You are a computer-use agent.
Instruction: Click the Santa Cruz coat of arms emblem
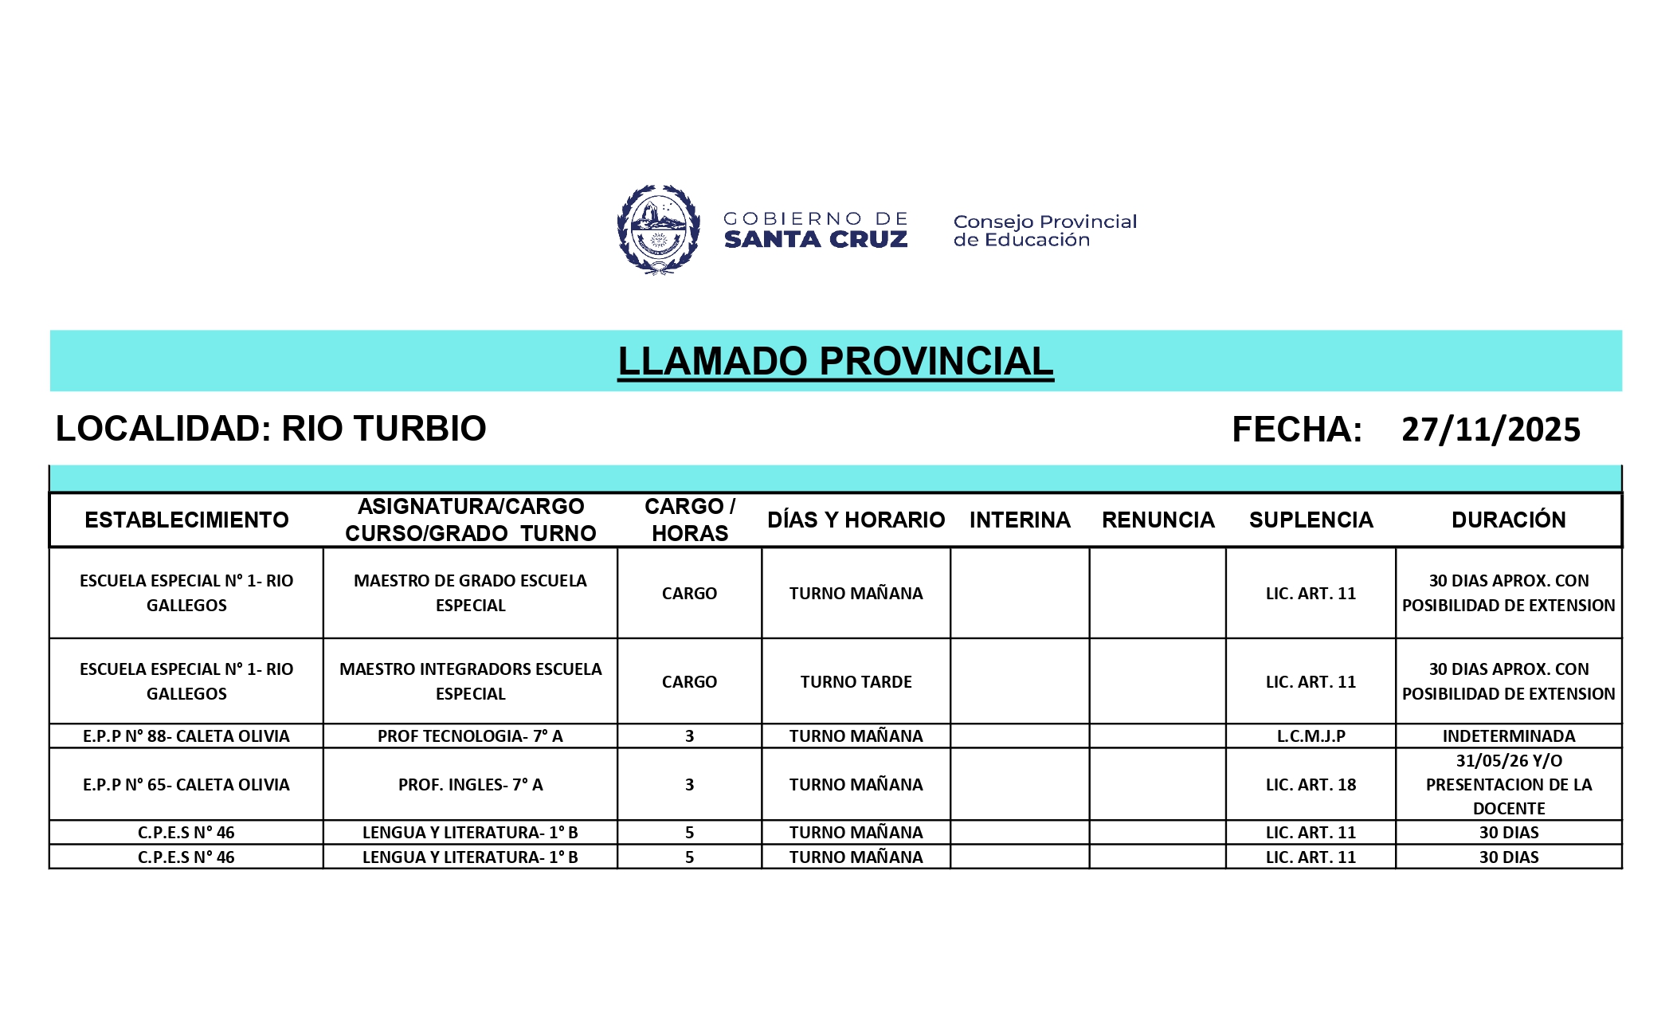(x=658, y=229)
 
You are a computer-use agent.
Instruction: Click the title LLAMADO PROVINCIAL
(x=835, y=361)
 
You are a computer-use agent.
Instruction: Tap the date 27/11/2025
(x=1491, y=430)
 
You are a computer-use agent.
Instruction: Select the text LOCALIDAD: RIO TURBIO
(x=271, y=429)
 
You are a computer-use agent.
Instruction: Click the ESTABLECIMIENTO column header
(x=186, y=520)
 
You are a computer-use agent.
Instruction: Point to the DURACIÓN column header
(x=1508, y=520)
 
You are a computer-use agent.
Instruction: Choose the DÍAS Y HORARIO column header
(x=856, y=520)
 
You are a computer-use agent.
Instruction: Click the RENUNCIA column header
(x=1158, y=520)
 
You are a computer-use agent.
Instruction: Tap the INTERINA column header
(x=1020, y=520)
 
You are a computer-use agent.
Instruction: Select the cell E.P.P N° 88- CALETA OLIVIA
(x=186, y=736)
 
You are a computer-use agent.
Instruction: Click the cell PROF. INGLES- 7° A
(x=470, y=784)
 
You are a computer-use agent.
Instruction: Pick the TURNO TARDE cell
(x=856, y=681)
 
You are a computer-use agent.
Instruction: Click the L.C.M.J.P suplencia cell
(x=1311, y=736)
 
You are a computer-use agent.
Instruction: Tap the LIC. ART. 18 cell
(x=1311, y=784)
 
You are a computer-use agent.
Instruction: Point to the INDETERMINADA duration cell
(x=1508, y=736)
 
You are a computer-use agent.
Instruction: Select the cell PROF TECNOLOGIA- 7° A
(x=470, y=736)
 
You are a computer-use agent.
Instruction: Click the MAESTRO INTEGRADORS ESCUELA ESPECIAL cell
(x=470, y=681)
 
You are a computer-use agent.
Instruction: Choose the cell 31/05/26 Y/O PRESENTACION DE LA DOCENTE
(x=1508, y=784)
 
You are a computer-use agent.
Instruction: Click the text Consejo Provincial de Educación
(x=1044, y=230)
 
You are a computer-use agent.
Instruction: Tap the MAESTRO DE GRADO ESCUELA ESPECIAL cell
(x=470, y=593)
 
